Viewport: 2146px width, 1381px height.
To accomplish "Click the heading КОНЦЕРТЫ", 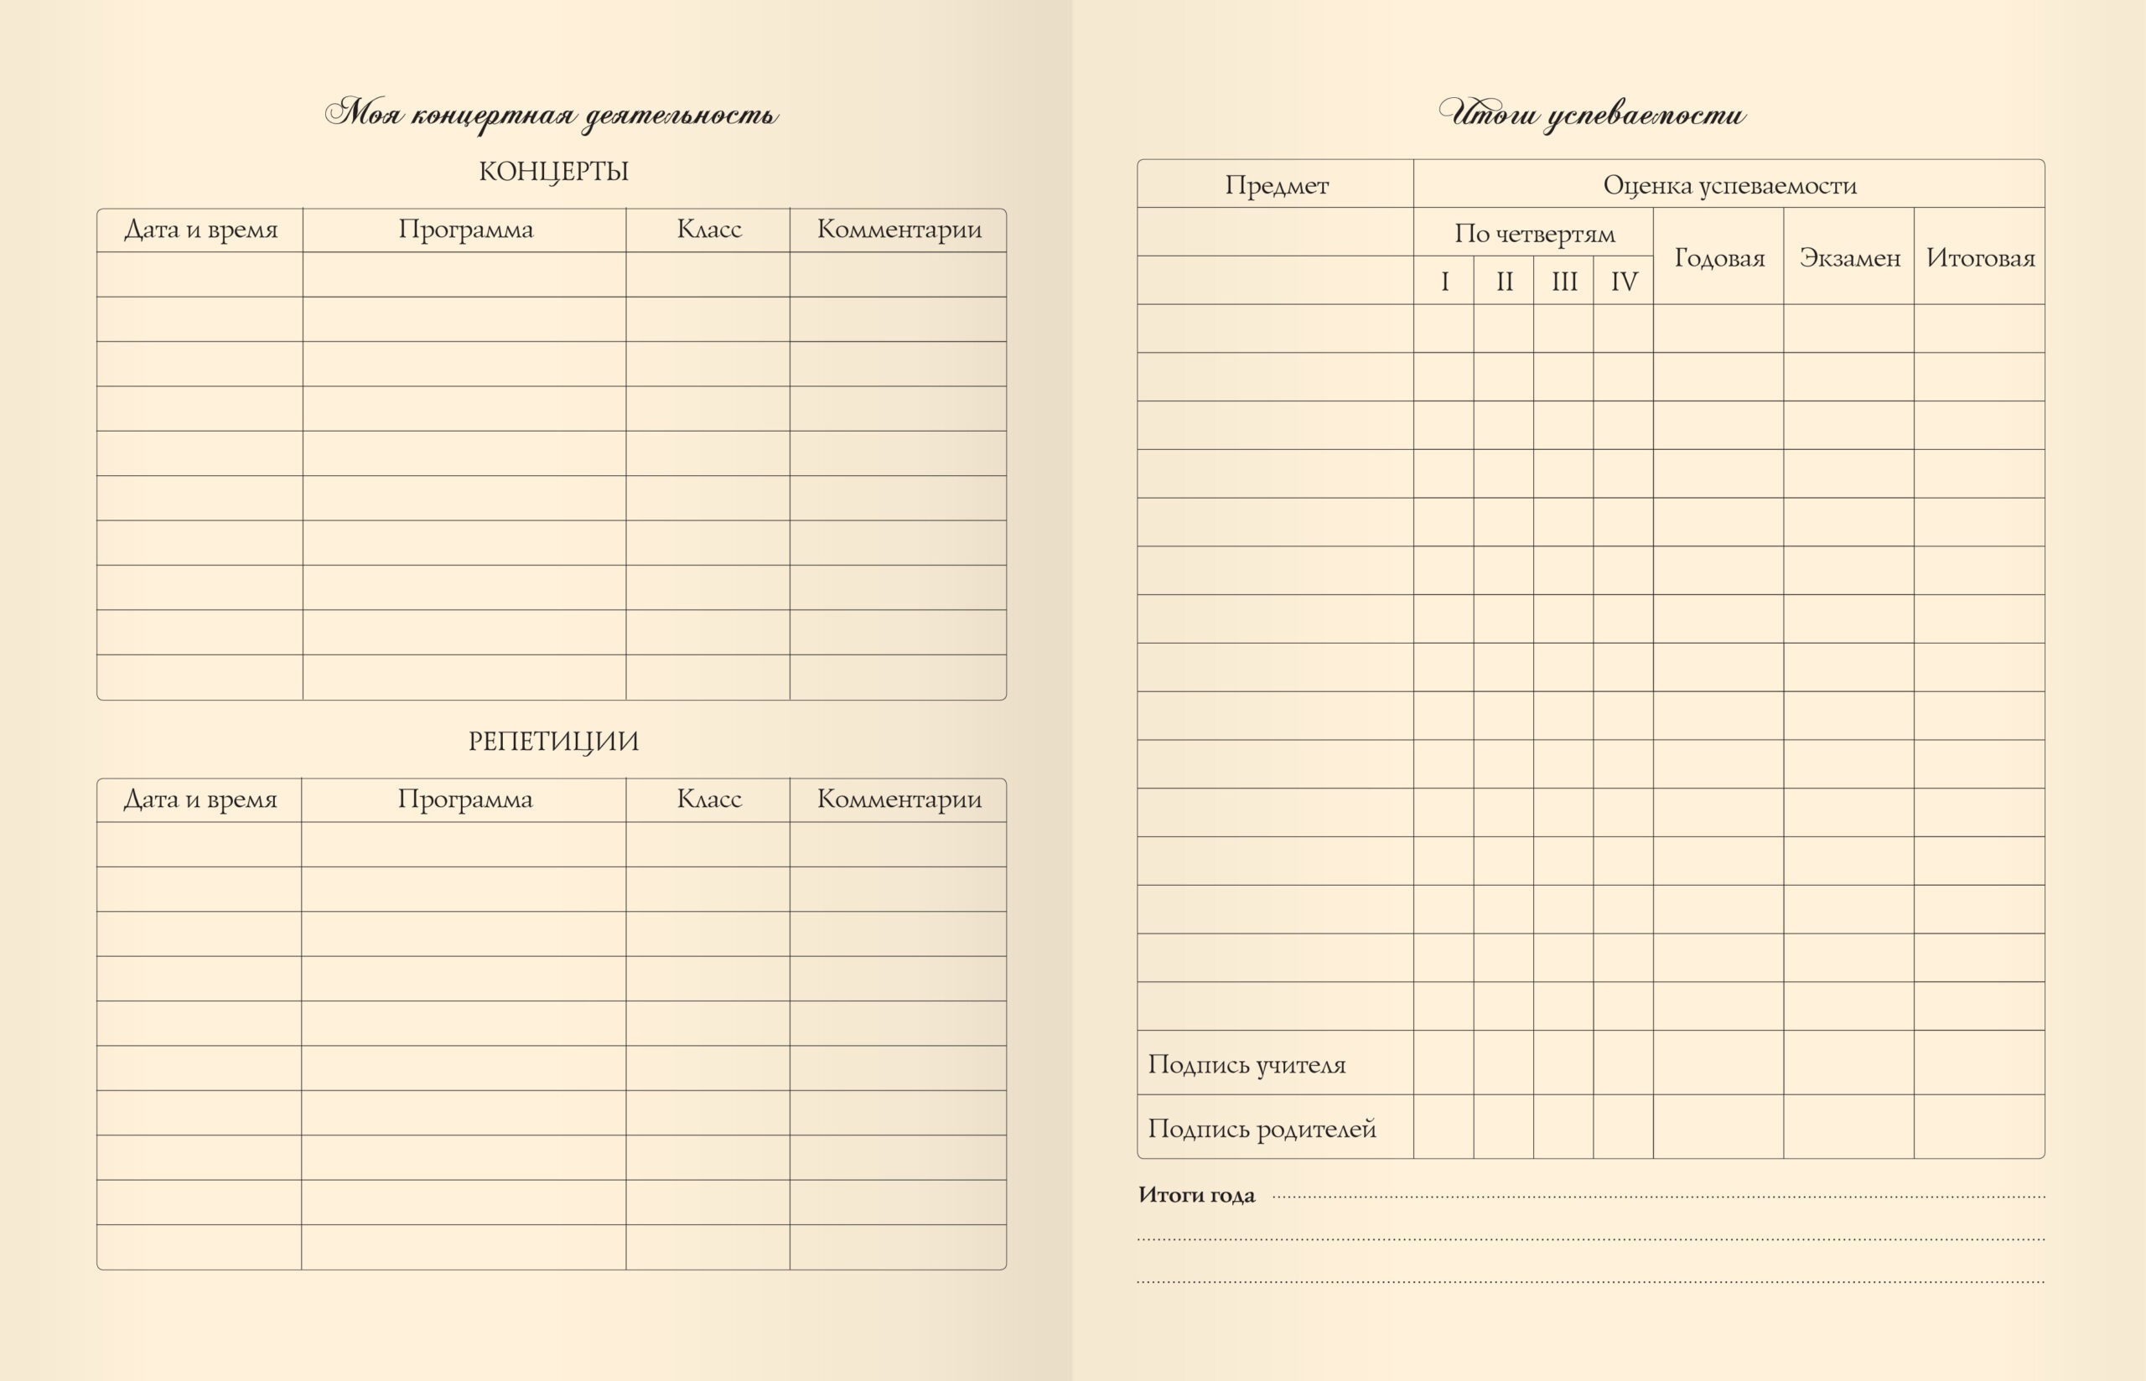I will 553,171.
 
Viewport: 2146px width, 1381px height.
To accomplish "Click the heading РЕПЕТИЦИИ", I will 553,742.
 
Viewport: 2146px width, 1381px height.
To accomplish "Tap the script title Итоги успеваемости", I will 1592,114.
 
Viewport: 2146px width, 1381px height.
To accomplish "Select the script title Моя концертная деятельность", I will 552,115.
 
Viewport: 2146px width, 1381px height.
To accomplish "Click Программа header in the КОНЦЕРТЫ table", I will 465,230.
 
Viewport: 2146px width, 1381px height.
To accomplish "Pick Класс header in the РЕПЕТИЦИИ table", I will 708,799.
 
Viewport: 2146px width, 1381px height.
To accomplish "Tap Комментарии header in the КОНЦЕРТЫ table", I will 899,230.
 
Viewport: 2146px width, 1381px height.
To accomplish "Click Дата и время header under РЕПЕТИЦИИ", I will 200,799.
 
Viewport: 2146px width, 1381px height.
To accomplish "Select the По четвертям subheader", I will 1533,233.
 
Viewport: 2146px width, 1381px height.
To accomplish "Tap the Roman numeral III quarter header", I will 1564,282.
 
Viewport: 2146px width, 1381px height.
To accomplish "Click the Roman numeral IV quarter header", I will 1623,282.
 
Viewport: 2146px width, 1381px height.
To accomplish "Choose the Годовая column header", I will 1719,258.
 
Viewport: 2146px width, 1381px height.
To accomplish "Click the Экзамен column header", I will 1849,258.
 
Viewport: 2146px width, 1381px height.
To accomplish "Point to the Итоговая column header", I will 1980,258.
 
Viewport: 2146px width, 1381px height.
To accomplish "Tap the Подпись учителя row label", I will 1247,1064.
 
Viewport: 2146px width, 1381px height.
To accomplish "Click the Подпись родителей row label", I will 1262,1128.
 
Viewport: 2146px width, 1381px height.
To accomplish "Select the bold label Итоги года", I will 1196,1194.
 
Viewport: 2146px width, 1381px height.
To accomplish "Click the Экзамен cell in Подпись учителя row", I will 1849,1063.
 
